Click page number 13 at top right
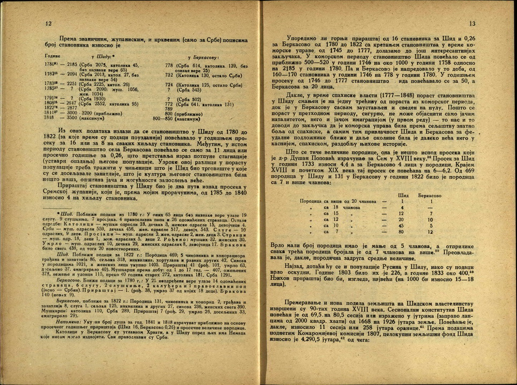click(x=472, y=24)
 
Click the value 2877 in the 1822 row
click(x=72, y=107)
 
